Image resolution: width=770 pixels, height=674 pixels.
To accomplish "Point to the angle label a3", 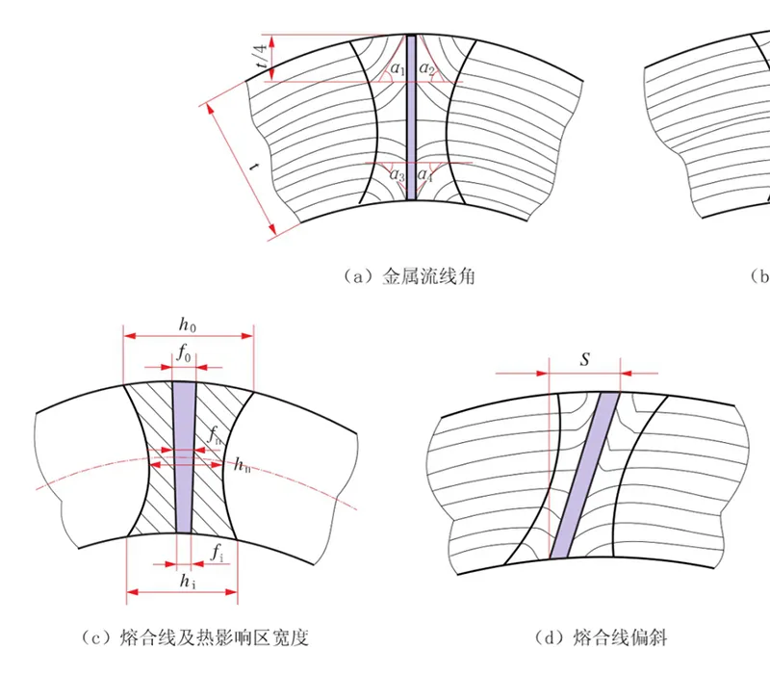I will (397, 175).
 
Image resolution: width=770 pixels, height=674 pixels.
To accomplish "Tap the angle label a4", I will (425, 175).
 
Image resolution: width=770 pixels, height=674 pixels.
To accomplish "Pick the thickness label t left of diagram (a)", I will (253, 167).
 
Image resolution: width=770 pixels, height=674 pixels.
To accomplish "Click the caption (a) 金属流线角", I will (411, 277).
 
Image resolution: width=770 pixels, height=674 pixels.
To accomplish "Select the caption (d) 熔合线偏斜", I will (602, 637).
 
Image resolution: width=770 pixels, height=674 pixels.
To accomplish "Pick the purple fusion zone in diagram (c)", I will (183, 456).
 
